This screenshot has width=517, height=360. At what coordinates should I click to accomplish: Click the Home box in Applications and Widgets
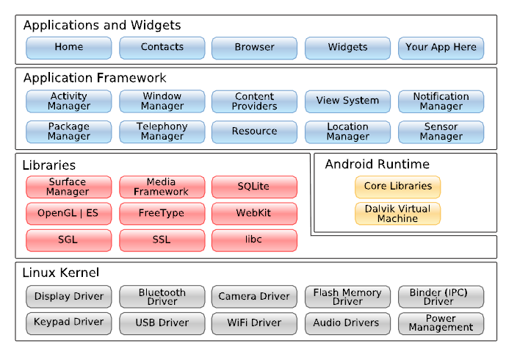click(68, 48)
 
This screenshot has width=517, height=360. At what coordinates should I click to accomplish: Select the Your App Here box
click(441, 48)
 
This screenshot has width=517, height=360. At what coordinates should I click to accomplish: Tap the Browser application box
click(254, 48)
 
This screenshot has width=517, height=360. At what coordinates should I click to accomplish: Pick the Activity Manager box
click(68, 101)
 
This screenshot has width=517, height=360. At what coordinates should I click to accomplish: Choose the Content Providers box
click(254, 101)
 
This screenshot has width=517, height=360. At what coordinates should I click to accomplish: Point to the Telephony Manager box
click(162, 132)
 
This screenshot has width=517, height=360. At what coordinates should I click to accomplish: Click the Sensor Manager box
click(441, 132)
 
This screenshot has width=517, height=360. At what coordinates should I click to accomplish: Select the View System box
click(347, 101)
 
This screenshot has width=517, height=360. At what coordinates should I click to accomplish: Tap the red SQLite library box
click(254, 187)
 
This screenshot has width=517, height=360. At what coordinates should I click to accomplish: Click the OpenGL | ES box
click(68, 214)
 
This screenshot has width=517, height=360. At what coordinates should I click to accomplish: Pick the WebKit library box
click(254, 214)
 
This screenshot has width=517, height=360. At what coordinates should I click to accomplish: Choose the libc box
click(254, 240)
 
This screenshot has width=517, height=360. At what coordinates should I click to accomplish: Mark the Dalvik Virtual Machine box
click(397, 214)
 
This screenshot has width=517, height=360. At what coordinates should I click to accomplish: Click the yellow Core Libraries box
click(397, 187)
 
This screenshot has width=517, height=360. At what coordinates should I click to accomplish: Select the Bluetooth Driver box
click(162, 297)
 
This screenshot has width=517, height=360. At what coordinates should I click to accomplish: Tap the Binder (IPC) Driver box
click(441, 297)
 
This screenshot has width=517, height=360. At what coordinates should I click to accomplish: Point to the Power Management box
click(441, 323)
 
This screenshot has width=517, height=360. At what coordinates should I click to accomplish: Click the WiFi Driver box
click(254, 323)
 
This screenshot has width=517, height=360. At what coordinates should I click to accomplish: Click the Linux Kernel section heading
click(61, 273)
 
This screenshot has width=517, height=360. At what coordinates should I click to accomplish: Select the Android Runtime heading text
click(377, 165)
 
